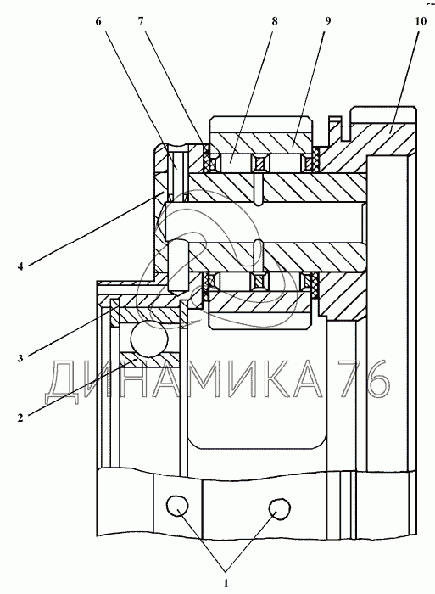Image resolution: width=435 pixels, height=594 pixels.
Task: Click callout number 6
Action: point(98,21)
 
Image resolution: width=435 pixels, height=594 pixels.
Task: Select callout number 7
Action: point(141,21)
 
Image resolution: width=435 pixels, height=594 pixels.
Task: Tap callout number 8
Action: point(275,21)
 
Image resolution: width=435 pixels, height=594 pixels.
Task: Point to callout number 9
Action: point(327,21)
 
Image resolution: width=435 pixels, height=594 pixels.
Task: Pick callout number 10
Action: point(421,21)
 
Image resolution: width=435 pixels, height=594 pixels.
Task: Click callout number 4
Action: point(20,266)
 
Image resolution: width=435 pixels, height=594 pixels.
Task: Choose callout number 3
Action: point(20,357)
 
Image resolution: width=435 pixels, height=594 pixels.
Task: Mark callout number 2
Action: point(20,417)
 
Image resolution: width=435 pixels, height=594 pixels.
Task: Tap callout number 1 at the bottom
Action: point(226,583)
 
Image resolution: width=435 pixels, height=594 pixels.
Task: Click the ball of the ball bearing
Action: point(148,339)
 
